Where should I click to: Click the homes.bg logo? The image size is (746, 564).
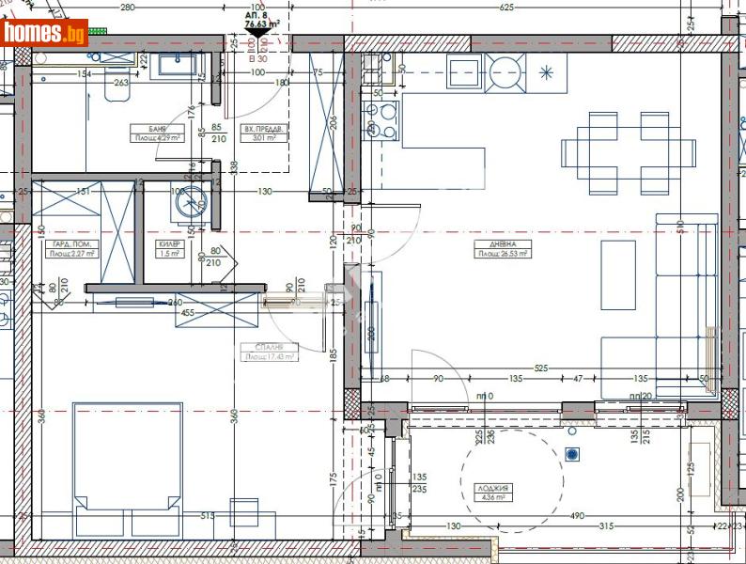(x=45, y=33)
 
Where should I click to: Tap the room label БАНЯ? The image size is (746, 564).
(x=157, y=129)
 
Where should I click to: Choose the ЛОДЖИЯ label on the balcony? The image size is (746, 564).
(x=492, y=488)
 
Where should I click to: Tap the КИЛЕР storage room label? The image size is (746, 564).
(x=169, y=243)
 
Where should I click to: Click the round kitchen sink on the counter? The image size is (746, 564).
(x=504, y=70)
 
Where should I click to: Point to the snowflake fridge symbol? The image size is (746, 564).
(x=547, y=69)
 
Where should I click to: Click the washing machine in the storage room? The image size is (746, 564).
(x=191, y=200)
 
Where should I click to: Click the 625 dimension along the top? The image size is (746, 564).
(x=506, y=8)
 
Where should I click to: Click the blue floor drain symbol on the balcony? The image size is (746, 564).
(x=572, y=454)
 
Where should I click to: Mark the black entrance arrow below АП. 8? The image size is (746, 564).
(x=253, y=38)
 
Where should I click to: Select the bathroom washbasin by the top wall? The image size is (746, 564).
(x=177, y=64)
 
